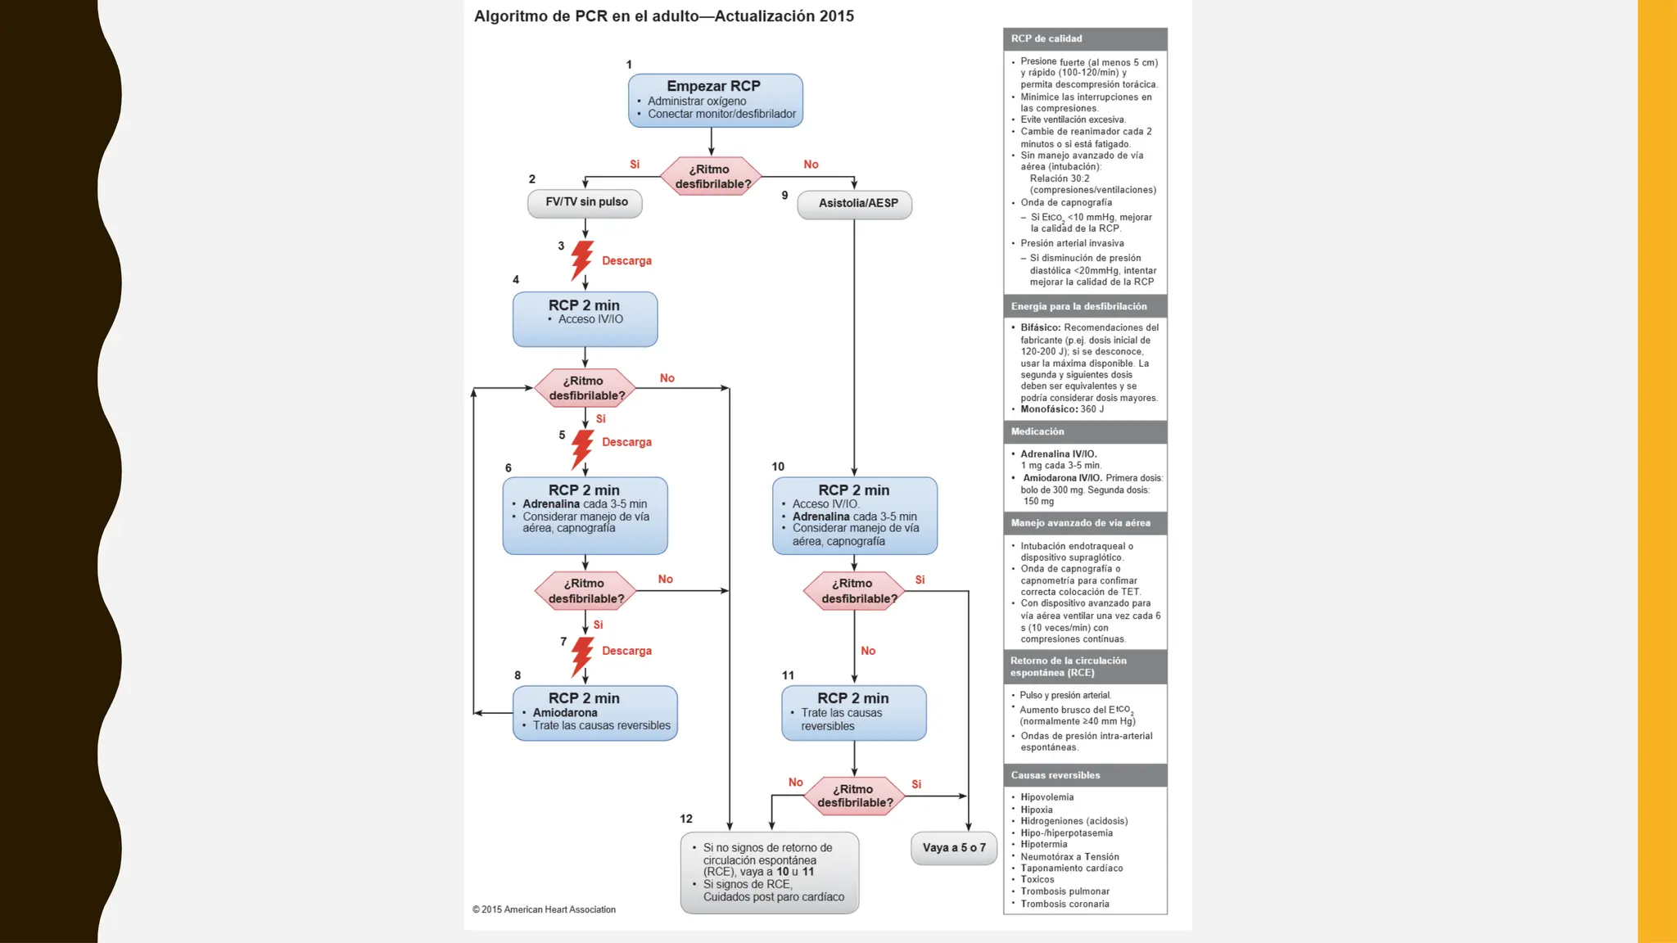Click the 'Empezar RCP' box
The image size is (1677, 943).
715,100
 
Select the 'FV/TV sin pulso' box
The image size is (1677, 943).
585,202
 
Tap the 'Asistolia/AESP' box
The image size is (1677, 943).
855,203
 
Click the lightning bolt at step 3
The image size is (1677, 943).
581,260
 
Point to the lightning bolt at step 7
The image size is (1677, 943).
581,656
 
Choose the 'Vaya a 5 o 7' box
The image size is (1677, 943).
954,848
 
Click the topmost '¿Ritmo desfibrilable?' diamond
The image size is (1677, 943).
711,176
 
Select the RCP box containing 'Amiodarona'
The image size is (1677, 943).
595,712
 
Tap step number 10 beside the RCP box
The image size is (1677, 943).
778,467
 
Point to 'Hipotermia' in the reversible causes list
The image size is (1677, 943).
1044,845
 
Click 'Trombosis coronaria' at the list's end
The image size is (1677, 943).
1065,904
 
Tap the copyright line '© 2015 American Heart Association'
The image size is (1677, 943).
544,909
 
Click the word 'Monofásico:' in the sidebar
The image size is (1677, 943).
1049,409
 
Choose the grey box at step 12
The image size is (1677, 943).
770,873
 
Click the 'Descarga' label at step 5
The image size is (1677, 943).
626,442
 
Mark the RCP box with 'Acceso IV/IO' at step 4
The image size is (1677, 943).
585,318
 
